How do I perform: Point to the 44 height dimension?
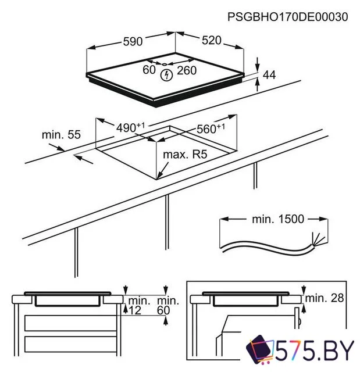pyautogui.click(x=269, y=74)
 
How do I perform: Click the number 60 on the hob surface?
pyautogui.click(x=149, y=70)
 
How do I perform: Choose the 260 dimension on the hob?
pyautogui.click(x=187, y=70)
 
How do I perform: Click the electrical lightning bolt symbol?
pyautogui.click(x=167, y=74)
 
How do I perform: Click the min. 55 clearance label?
pyautogui.click(x=60, y=135)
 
